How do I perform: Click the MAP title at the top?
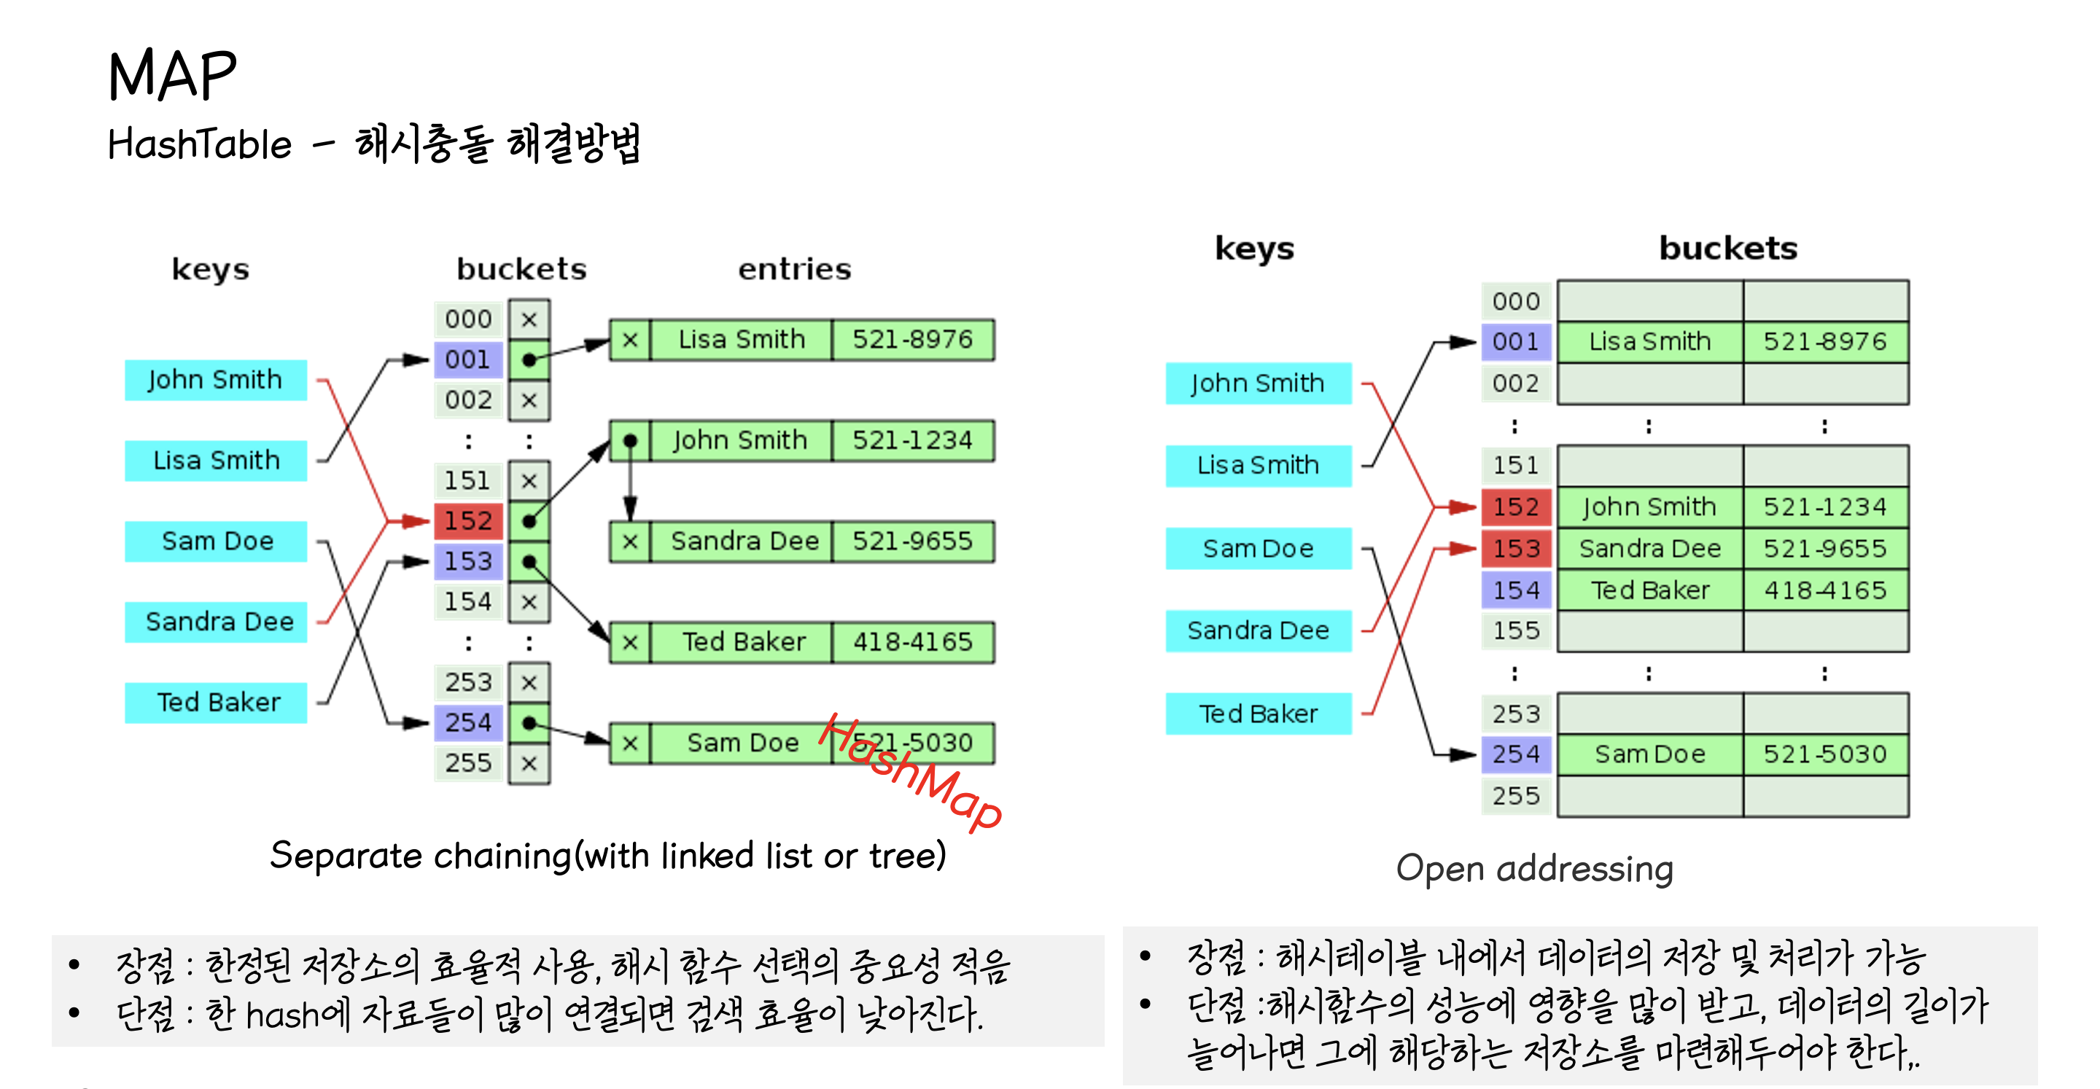(172, 75)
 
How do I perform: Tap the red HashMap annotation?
(911, 772)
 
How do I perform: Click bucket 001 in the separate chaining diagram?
(468, 359)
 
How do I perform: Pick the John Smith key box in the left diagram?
(215, 380)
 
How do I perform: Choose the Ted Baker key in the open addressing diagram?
(1258, 714)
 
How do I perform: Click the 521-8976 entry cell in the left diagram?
(912, 340)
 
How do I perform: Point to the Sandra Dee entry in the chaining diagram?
(744, 542)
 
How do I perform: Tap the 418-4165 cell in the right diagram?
(1825, 590)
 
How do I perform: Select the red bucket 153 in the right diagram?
(1515, 549)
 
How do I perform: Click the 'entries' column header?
(794, 269)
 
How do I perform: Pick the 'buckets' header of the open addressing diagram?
(1727, 248)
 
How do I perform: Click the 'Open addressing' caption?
(1534, 868)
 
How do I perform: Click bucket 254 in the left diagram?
(468, 723)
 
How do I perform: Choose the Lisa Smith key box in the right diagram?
(1258, 466)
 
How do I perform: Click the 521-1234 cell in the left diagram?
(912, 441)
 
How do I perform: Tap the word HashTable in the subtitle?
(200, 145)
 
